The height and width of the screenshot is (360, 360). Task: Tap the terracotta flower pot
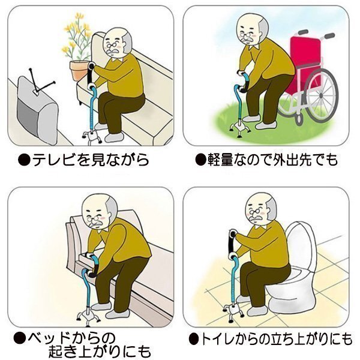[x=80, y=71]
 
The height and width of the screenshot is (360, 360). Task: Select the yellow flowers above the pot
[x=77, y=37]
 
